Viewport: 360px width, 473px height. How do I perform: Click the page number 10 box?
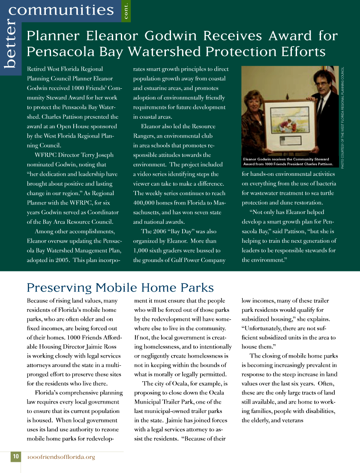(x=15, y=457)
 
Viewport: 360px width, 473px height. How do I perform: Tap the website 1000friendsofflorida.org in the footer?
(x=61, y=457)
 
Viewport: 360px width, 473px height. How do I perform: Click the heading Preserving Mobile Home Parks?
(x=120, y=287)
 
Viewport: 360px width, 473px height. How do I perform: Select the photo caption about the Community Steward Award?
(x=288, y=162)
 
